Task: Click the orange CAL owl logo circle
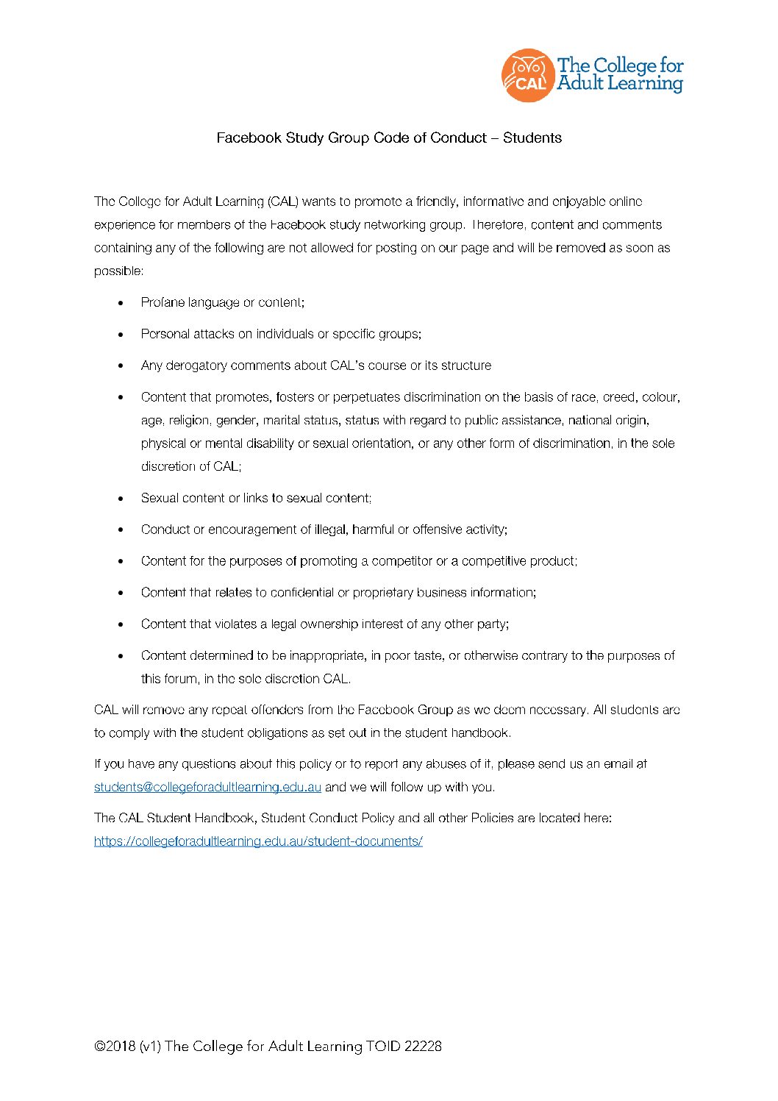click(527, 75)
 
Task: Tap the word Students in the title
click(532, 138)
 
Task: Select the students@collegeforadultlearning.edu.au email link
click(207, 787)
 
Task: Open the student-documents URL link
click(258, 841)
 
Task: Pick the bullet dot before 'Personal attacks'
click(121, 335)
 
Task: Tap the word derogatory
click(196, 366)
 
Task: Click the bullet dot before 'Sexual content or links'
click(121, 499)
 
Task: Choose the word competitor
click(402, 561)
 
